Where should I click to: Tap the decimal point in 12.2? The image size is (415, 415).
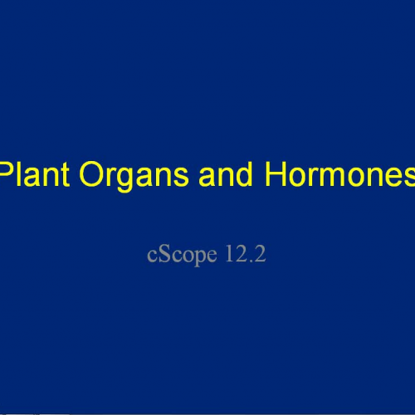pyautogui.click(x=250, y=260)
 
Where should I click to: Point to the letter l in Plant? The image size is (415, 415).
pyautogui.click(x=24, y=176)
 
